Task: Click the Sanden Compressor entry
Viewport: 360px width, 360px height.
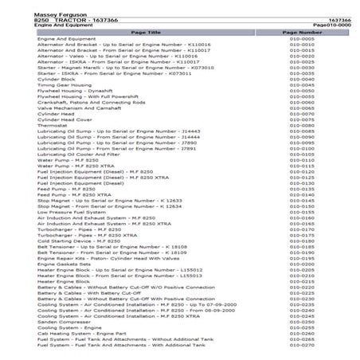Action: [56, 321]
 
